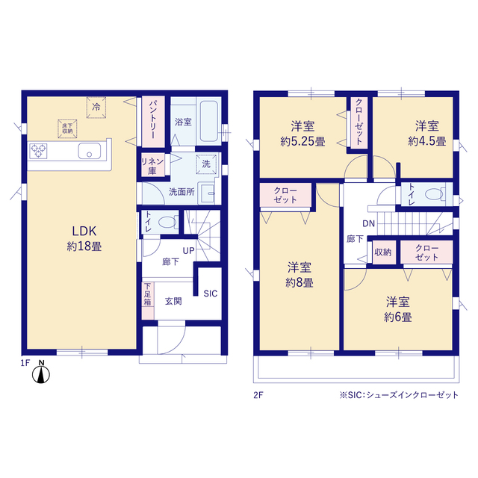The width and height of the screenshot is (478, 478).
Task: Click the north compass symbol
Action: pos(41,372)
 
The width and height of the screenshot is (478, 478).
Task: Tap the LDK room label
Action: pos(84,232)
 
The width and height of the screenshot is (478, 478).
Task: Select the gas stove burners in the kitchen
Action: pos(38,151)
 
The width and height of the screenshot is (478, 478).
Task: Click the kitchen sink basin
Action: pos(90,151)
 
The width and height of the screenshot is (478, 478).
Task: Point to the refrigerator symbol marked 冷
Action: pos(96,108)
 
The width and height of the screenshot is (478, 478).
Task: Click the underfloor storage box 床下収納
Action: pos(67,128)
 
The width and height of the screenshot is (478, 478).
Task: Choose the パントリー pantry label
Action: pos(153,121)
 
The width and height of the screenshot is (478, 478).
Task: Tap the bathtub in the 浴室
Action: pos(209,121)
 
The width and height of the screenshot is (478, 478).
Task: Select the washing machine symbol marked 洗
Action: pos(206,164)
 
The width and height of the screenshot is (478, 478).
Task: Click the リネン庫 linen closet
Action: pos(152,166)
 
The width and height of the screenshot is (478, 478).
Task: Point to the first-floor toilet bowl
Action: pos(167,222)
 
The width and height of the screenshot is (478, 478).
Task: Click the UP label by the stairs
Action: pos(188,251)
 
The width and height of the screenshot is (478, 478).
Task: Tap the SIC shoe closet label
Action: pos(211,294)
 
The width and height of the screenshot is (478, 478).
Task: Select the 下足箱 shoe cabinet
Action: pos(148,300)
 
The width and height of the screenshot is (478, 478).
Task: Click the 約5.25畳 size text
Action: pos(302,141)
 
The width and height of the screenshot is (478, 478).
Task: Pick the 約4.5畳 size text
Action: pos(426,141)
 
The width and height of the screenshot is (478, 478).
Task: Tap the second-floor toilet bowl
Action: pos(434,194)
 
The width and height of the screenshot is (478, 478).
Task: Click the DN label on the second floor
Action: pos(368,224)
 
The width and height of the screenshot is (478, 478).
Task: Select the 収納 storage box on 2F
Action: pos(383,252)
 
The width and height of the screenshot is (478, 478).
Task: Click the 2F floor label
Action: pos(258,395)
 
